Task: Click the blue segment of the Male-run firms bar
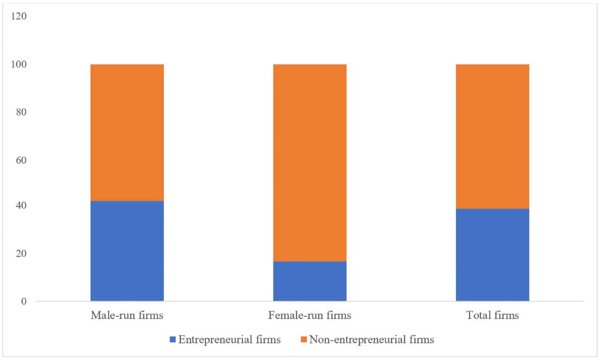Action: [x=127, y=251]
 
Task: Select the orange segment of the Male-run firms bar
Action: [x=127, y=133]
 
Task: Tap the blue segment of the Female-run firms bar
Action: [x=310, y=281]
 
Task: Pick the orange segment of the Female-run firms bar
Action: [x=310, y=163]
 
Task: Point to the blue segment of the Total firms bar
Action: [x=492, y=255]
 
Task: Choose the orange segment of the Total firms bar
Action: [x=492, y=136]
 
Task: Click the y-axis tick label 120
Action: [x=19, y=16]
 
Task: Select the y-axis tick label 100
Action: [x=19, y=64]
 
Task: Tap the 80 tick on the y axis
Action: [x=21, y=112]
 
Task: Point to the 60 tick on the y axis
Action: [x=21, y=160]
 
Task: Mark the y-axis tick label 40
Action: [x=21, y=205]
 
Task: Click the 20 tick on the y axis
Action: [x=21, y=253]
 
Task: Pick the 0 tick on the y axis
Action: [x=24, y=301]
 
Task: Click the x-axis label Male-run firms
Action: [x=127, y=315]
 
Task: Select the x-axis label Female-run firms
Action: [x=310, y=315]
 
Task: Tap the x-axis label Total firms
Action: [x=492, y=315]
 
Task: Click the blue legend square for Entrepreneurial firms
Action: [x=173, y=339]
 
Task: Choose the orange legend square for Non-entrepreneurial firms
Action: [x=303, y=339]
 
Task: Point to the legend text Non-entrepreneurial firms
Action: [x=372, y=339]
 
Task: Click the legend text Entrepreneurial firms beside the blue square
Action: [x=229, y=339]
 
